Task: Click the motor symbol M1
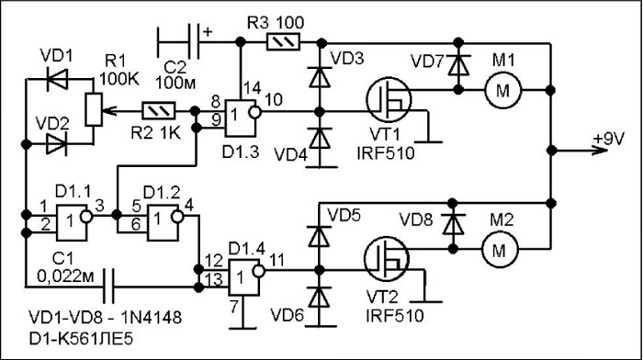point(502,90)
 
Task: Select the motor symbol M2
point(499,249)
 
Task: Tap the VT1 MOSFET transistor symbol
point(389,100)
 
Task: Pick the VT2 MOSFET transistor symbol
point(387,259)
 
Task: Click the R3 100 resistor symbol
point(283,42)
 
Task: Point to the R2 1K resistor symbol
point(158,111)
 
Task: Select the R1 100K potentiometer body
point(94,109)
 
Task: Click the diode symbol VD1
point(57,80)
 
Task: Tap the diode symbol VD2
point(57,144)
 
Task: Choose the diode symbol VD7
point(458,65)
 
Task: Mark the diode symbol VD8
point(453,224)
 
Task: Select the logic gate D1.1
point(74,221)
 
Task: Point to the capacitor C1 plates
point(108,287)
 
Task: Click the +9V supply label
point(608,139)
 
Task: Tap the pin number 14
point(253,88)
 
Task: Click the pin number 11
point(277,260)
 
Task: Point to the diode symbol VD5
point(319,236)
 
